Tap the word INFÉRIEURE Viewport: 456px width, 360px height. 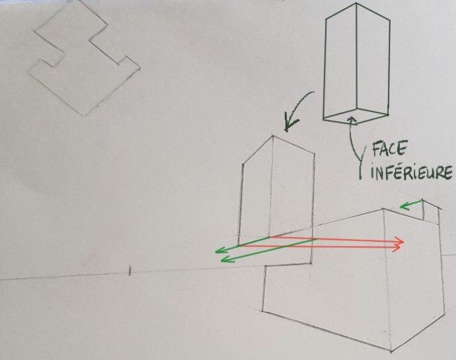pyautogui.click(x=411, y=172)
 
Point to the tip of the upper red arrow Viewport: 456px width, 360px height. pyautogui.click(x=403, y=242)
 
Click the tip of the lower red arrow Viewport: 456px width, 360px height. pyautogui.click(x=401, y=247)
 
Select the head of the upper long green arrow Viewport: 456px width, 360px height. pyautogui.click(x=216, y=252)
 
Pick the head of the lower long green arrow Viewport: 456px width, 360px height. pyautogui.click(x=222, y=260)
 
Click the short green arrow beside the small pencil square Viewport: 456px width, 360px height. pyautogui.click(x=411, y=204)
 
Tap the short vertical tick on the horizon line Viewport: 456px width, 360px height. pyautogui.click(x=130, y=271)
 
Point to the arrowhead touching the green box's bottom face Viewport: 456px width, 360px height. pyautogui.click(x=352, y=117)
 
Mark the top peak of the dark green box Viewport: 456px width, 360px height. pyautogui.click(x=356, y=3)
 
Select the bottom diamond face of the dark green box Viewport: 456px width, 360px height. pyautogui.click(x=356, y=116)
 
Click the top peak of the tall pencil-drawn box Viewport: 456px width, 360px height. pyautogui.click(x=273, y=136)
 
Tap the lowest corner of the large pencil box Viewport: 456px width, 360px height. pyautogui.click(x=391, y=352)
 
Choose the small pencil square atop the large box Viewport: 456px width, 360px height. pyautogui.click(x=430, y=212)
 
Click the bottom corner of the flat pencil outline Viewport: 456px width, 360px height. pyautogui.click(x=85, y=116)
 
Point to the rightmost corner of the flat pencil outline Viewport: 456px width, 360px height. pyautogui.click(x=140, y=69)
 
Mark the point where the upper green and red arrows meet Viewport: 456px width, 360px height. pyautogui.click(x=270, y=237)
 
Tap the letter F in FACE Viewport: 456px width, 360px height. pyautogui.click(x=376, y=149)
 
